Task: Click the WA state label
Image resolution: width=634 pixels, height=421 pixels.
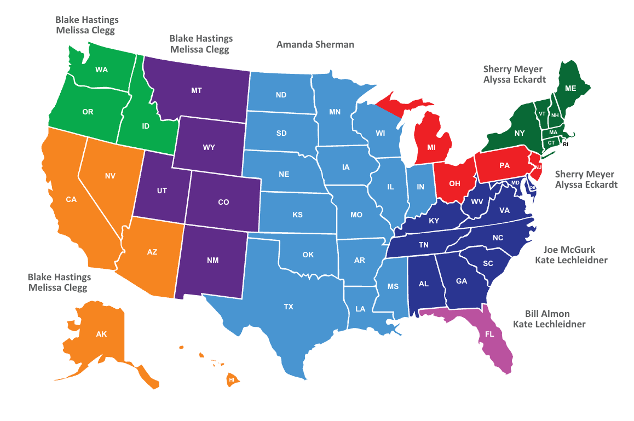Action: click(x=101, y=70)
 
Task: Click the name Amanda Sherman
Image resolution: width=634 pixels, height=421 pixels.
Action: click(x=315, y=44)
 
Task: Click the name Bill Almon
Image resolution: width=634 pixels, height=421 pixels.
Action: click(x=547, y=314)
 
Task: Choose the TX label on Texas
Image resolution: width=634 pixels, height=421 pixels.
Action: click(x=289, y=307)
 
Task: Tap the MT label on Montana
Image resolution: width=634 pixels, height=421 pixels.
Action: click(x=197, y=90)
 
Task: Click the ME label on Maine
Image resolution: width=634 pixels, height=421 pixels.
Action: click(x=570, y=88)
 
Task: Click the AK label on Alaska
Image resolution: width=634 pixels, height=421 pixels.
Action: click(x=101, y=334)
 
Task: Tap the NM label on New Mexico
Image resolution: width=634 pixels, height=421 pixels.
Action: click(x=213, y=260)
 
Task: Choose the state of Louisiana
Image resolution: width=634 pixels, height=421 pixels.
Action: click(x=360, y=309)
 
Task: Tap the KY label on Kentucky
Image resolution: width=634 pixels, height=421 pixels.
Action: click(x=434, y=221)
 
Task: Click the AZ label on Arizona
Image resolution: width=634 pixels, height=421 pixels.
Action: click(x=152, y=252)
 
